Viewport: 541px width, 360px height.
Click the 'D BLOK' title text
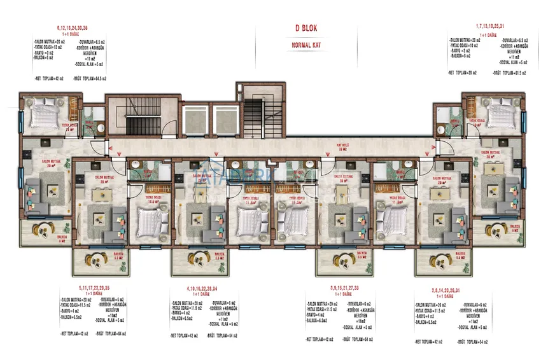click(x=306, y=28)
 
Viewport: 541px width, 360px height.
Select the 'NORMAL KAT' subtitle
click(x=306, y=45)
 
